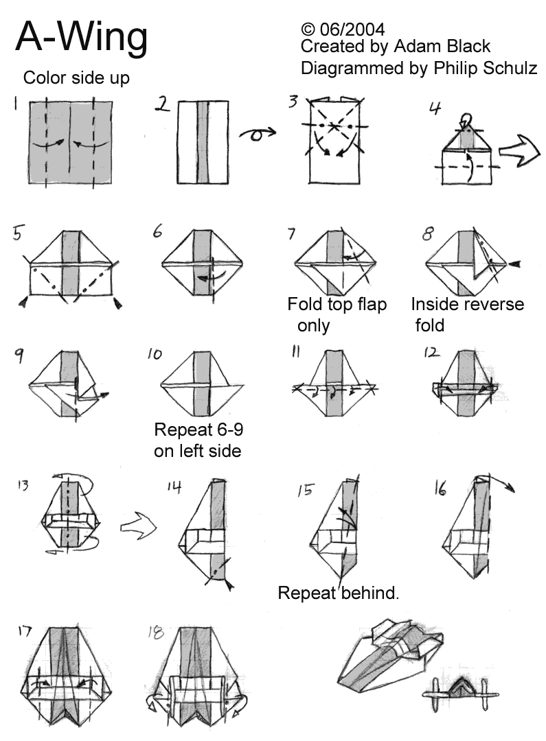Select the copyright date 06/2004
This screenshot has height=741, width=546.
tap(351, 29)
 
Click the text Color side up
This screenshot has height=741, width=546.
tap(76, 78)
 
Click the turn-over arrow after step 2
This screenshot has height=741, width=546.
tap(257, 134)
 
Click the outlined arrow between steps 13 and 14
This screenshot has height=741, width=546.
tap(138, 528)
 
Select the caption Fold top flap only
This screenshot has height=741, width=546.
tap(337, 314)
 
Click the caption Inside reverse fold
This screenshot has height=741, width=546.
tap(467, 314)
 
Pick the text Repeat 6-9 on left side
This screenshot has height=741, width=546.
tap(198, 440)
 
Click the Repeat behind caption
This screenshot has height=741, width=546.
tap(338, 593)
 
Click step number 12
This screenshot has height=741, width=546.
tap(431, 353)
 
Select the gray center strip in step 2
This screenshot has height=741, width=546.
tap(203, 142)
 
